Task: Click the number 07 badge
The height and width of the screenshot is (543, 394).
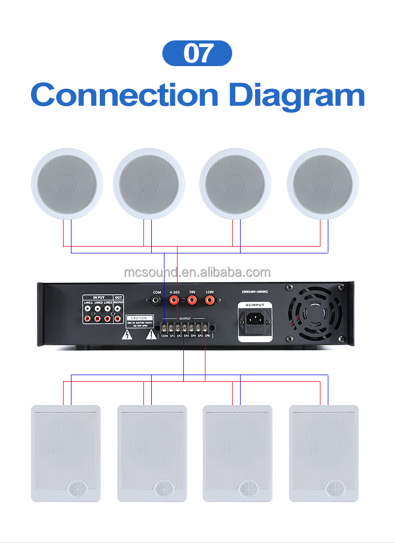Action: tap(197, 53)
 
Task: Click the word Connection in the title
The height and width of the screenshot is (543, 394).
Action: tap(124, 95)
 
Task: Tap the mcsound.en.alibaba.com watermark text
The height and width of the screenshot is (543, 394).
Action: tap(197, 272)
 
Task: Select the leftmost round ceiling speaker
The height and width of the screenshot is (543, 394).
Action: tap(67, 184)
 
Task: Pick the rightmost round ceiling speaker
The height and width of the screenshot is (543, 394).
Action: tap(323, 184)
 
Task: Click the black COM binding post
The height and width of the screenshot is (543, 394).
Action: tap(157, 301)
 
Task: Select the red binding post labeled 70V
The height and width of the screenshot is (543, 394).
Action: tap(192, 301)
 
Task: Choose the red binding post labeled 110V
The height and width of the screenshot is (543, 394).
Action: tap(210, 301)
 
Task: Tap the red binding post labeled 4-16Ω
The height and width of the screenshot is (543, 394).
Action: tap(174, 301)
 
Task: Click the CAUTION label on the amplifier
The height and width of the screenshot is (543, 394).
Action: tap(139, 318)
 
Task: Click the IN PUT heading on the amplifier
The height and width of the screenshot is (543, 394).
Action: tap(99, 297)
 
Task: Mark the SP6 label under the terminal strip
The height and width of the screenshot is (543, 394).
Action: tap(208, 336)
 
